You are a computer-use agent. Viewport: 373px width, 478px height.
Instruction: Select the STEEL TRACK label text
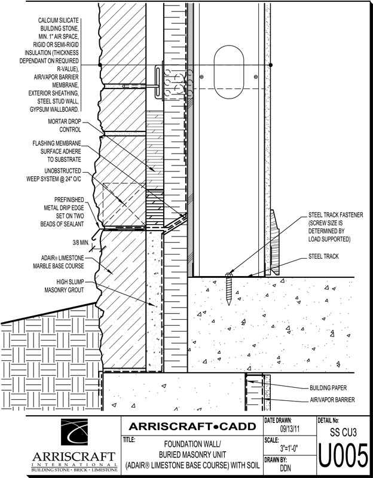tap(325, 256)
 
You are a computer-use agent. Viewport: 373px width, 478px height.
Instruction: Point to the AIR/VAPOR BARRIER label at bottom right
tap(333, 399)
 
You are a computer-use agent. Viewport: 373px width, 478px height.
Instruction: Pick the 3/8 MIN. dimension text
tap(72, 243)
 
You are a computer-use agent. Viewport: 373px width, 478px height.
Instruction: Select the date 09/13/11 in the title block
tap(291, 428)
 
